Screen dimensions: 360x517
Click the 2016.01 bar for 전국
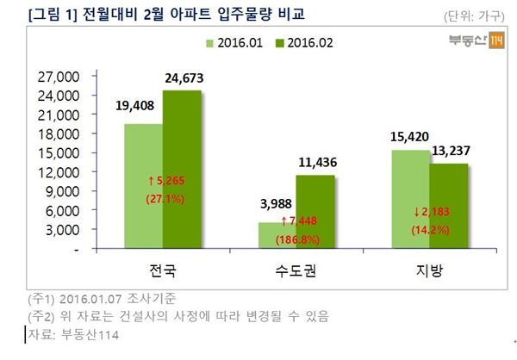pos(143,185)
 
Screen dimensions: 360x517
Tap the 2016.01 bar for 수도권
pos(276,235)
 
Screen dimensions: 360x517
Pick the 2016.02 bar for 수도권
pos(315,211)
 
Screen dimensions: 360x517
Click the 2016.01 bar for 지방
pos(410,199)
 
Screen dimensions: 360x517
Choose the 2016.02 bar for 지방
pos(448,205)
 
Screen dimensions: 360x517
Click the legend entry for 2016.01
pos(233,42)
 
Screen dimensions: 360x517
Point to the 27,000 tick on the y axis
pos(59,76)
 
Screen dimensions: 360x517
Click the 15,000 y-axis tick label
pos(59,152)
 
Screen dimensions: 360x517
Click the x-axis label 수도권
pos(296,270)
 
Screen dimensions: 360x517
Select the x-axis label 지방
pos(429,270)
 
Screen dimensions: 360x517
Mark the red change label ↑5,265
pos(162,182)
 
